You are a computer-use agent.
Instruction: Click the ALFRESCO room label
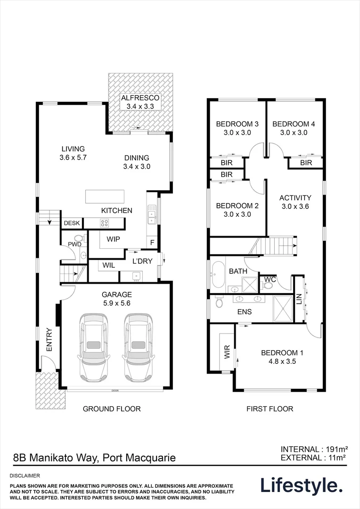pos(141,98)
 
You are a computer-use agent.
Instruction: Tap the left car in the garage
pos(94,347)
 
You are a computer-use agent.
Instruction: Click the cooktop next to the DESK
pos(104,223)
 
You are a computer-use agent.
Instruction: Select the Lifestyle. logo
pos(302,485)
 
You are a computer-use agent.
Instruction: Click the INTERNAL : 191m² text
pos(313,449)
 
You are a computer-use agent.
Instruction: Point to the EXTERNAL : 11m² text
pos(313,457)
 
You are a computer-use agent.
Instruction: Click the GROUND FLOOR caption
pos(112,409)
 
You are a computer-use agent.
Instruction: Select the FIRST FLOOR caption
pos(270,409)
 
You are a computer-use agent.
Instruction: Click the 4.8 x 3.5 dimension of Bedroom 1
pos(282,361)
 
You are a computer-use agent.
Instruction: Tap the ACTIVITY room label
pos(295,198)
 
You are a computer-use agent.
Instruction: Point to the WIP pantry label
pos(113,239)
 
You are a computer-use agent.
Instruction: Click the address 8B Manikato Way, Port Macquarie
pos(94,457)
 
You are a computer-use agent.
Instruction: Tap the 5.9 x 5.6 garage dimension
pos(116,303)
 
